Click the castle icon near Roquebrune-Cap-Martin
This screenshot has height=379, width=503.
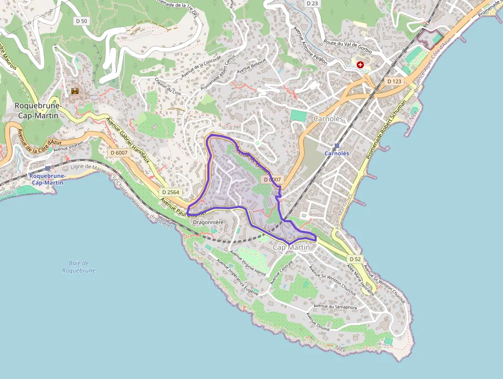pyautogui.click(x=75, y=92)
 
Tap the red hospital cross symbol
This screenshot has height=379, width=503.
pyautogui.click(x=360, y=65)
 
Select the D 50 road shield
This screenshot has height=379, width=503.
pyautogui.click(x=81, y=21)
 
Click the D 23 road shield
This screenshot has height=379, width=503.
pyautogui.click(x=312, y=3)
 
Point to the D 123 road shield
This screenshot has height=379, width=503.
pyautogui.click(x=394, y=81)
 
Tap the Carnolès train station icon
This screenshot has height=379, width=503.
pyautogui.click(x=337, y=146)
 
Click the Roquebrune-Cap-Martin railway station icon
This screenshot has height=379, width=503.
pyautogui.click(x=48, y=168)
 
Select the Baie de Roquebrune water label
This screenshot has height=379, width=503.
pyautogui.click(x=79, y=266)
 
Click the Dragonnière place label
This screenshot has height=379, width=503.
pyautogui.click(x=208, y=222)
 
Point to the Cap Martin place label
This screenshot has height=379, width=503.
pyautogui.click(x=291, y=248)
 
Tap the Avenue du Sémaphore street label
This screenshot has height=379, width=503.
pyautogui.click(x=335, y=307)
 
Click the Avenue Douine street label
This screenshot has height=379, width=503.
pyautogui.click(x=318, y=321)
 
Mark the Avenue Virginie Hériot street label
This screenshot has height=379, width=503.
pyautogui.click(x=248, y=263)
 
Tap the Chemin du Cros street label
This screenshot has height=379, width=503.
pyautogui.click(x=168, y=86)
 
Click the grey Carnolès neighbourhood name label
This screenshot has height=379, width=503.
pyautogui.click(x=328, y=119)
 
